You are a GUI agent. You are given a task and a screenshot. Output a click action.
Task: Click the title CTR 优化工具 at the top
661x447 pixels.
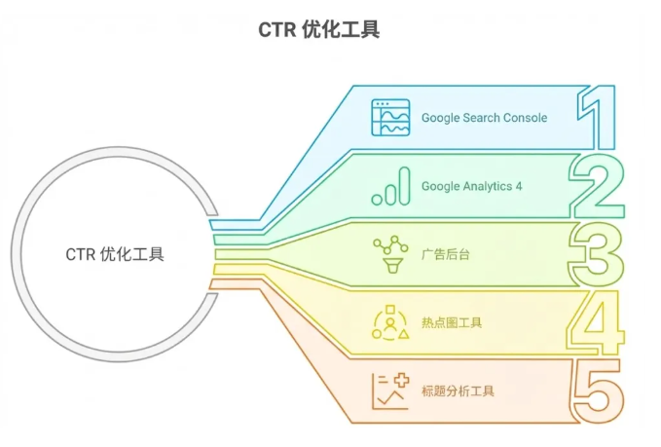point(318,30)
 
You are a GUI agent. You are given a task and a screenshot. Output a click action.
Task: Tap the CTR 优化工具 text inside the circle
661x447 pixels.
point(115,255)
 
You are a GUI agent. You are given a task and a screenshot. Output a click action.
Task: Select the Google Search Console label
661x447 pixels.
point(484,118)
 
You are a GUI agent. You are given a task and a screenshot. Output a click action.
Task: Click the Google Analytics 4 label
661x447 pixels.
point(471,186)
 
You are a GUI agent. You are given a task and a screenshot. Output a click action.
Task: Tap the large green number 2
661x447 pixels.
point(597,185)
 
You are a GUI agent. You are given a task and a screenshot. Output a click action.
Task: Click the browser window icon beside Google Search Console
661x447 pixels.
point(389,117)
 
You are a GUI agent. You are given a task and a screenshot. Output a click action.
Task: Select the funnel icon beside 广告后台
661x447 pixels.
point(389,254)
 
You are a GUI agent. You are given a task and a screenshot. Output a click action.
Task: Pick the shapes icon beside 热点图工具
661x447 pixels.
point(389,322)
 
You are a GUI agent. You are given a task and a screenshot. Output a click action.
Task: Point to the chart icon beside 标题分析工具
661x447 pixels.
point(389,391)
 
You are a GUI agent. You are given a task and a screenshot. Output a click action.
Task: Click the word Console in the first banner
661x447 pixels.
point(526,118)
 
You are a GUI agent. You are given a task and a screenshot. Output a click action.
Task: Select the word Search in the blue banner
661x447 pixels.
point(481,118)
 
